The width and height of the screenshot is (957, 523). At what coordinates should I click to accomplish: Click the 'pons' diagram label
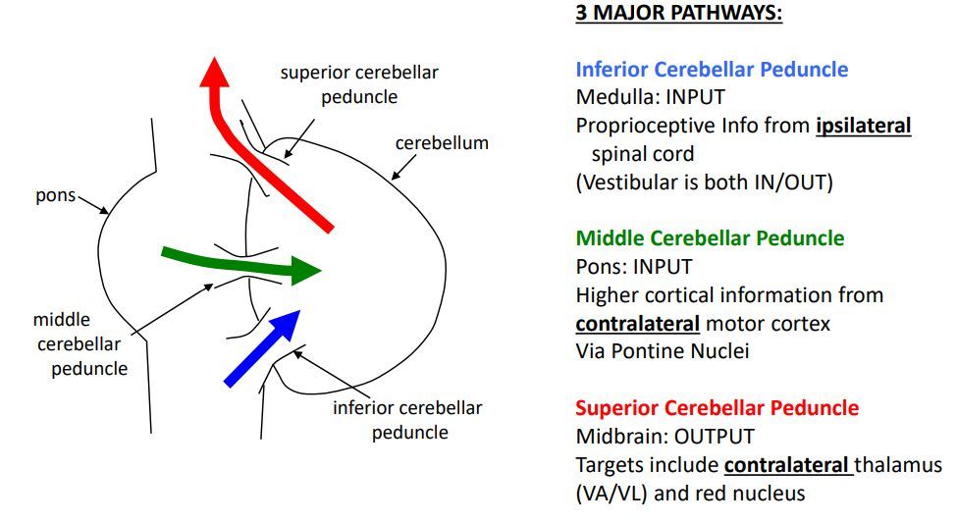coord(55,194)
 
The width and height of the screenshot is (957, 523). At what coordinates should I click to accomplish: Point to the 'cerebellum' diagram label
coord(442,143)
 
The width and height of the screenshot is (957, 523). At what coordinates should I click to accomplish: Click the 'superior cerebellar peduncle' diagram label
coord(358,84)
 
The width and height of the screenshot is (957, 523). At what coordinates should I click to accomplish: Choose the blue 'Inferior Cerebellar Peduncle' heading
coord(712,70)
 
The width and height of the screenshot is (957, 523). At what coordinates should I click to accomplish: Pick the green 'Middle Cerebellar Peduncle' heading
coord(710,238)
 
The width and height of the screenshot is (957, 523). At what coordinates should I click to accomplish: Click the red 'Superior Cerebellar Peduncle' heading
coord(717,408)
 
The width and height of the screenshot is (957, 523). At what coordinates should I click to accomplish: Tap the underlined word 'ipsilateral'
coord(863,126)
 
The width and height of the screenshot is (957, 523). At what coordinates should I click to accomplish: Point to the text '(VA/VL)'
coord(611,493)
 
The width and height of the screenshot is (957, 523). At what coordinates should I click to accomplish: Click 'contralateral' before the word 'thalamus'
coord(786,465)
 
